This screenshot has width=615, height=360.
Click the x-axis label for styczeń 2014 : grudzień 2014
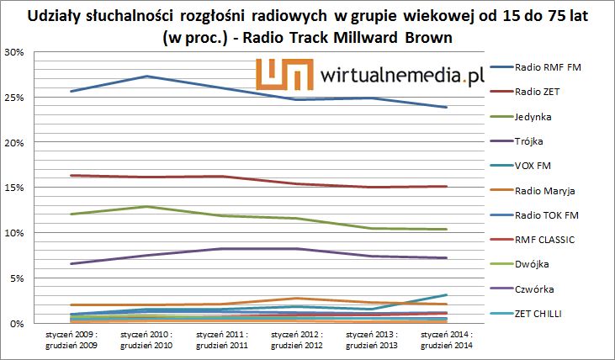click(x=446, y=340)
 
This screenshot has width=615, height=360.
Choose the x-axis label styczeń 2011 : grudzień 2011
click(x=221, y=340)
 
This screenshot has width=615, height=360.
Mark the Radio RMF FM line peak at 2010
click(x=146, y=77)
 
